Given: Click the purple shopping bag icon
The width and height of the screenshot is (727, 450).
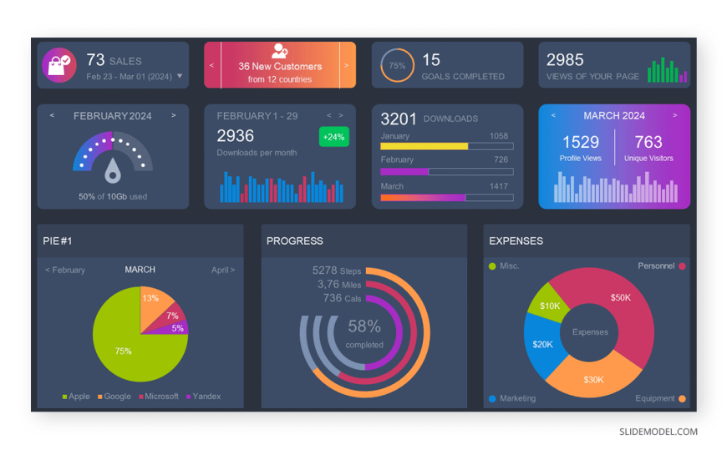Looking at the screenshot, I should click(58, 65).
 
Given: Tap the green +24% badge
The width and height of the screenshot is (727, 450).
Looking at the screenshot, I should click(333, 137).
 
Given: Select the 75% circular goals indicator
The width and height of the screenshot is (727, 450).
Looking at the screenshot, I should click(397, 66).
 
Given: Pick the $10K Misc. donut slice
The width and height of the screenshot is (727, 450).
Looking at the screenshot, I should click(549, 305).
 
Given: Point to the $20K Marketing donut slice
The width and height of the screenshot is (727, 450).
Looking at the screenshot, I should click(541, 343).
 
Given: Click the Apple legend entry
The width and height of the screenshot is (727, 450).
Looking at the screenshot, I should click(76, 397).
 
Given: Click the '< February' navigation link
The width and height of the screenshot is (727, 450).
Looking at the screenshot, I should click(65, 271).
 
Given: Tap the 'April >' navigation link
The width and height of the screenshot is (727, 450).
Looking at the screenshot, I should click(222, 271).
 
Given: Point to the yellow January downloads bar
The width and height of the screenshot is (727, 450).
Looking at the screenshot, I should click(424, 146).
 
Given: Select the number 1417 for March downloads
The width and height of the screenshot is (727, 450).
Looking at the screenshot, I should click(499, 186).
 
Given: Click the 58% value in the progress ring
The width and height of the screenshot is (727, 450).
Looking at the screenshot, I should click(364, 326).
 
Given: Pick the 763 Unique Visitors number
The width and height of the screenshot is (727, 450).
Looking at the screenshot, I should click(648, 143).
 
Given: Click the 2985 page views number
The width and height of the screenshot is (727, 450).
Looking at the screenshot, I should click(565, 60).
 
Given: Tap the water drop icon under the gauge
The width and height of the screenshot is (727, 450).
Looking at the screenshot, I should click(113, 173).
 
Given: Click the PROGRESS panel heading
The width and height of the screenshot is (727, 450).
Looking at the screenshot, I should click(294, 241).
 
